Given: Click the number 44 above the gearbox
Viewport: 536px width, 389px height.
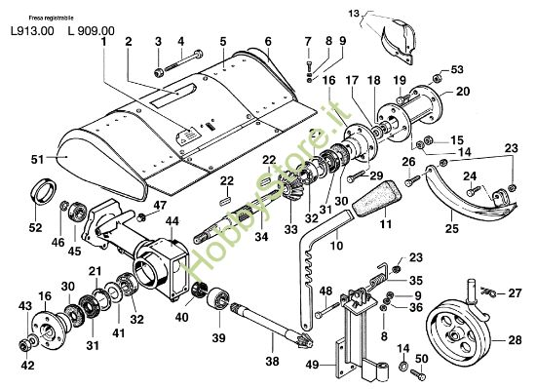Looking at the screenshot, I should click(x=172, y=222).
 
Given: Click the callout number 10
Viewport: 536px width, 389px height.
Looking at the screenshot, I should click(x=336, y=248).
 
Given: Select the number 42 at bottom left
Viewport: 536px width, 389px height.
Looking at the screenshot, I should click(x=26, y=366).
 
